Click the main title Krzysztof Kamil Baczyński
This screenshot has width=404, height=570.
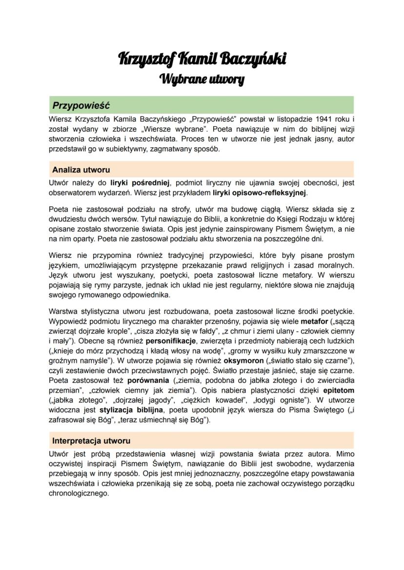point(202,59)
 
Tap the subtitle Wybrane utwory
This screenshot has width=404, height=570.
point(202,78)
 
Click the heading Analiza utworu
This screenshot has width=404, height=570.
point(81,170)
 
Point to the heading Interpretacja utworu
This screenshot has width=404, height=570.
point(91,441)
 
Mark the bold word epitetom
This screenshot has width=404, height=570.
point(337,390)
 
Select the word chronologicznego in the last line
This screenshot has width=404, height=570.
point(79,493)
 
